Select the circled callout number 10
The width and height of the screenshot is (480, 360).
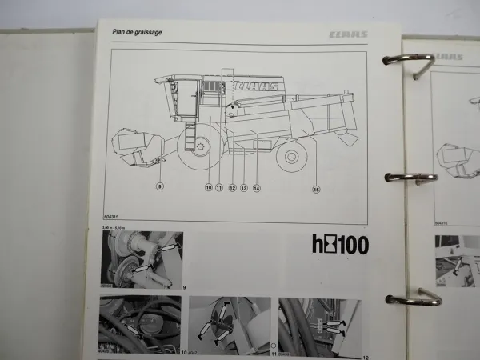click(207, 189)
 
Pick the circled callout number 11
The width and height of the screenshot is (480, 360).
click(218, 189)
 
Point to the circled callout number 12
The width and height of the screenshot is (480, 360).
click(231, 189)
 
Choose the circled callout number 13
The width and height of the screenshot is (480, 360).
click(243, 189)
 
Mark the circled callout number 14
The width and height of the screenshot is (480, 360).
click(256, 189)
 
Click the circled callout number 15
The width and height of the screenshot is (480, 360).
click(316, 190)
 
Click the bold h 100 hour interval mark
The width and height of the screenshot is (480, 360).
click(339, 244)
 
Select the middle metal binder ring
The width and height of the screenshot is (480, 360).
click(409, 178)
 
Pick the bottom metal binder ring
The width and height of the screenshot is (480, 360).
click(413, 298)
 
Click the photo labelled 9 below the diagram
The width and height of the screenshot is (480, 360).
click(142, 259)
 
